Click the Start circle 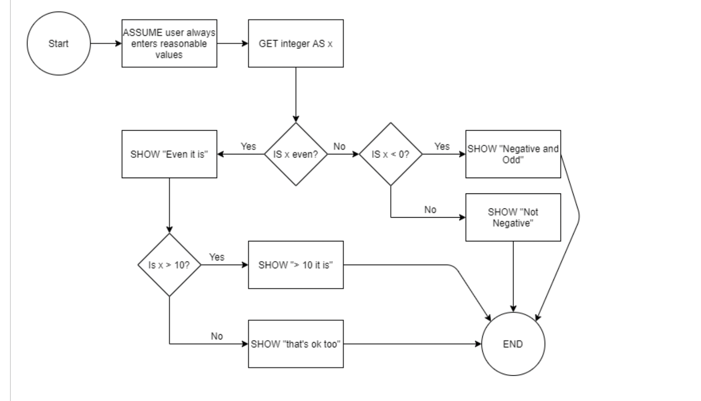(58, 44)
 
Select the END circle (513, 344)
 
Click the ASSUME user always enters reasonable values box (169, 44)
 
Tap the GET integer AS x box (296, 44)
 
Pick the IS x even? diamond (296, 154)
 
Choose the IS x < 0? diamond (390, 154)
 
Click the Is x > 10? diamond (169, 265)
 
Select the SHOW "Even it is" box (169, 154)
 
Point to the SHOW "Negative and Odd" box (513, 154)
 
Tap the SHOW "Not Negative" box (513, 218)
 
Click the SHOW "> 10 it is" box (296, 265)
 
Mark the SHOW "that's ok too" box (296, 344)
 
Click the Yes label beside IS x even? (248, 146)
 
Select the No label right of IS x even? (340, 146)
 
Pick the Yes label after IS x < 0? (442, 146)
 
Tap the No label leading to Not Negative (430, 210)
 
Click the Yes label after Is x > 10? (217, 257)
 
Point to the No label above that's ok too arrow (217, 336)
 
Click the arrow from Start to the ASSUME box (106, 44)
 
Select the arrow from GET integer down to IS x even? (296, 95)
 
